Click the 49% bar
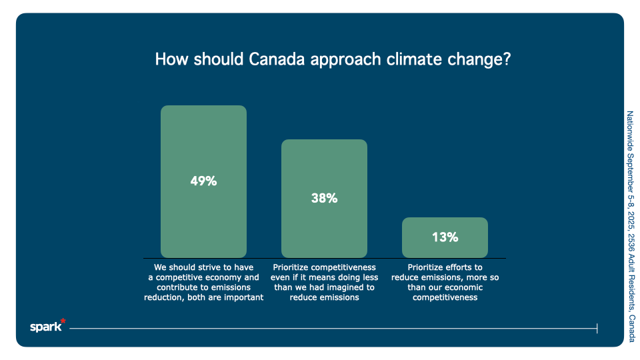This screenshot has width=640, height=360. (203, 147)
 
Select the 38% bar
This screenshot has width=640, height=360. (324, 167)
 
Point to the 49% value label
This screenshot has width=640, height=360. (203, 181)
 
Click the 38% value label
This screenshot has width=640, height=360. (324, 198)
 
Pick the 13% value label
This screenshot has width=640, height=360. (445, 237)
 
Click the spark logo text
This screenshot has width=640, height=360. (45, 327)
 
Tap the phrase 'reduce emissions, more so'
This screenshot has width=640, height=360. (445, 277)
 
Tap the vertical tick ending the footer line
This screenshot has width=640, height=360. (597, 328)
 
